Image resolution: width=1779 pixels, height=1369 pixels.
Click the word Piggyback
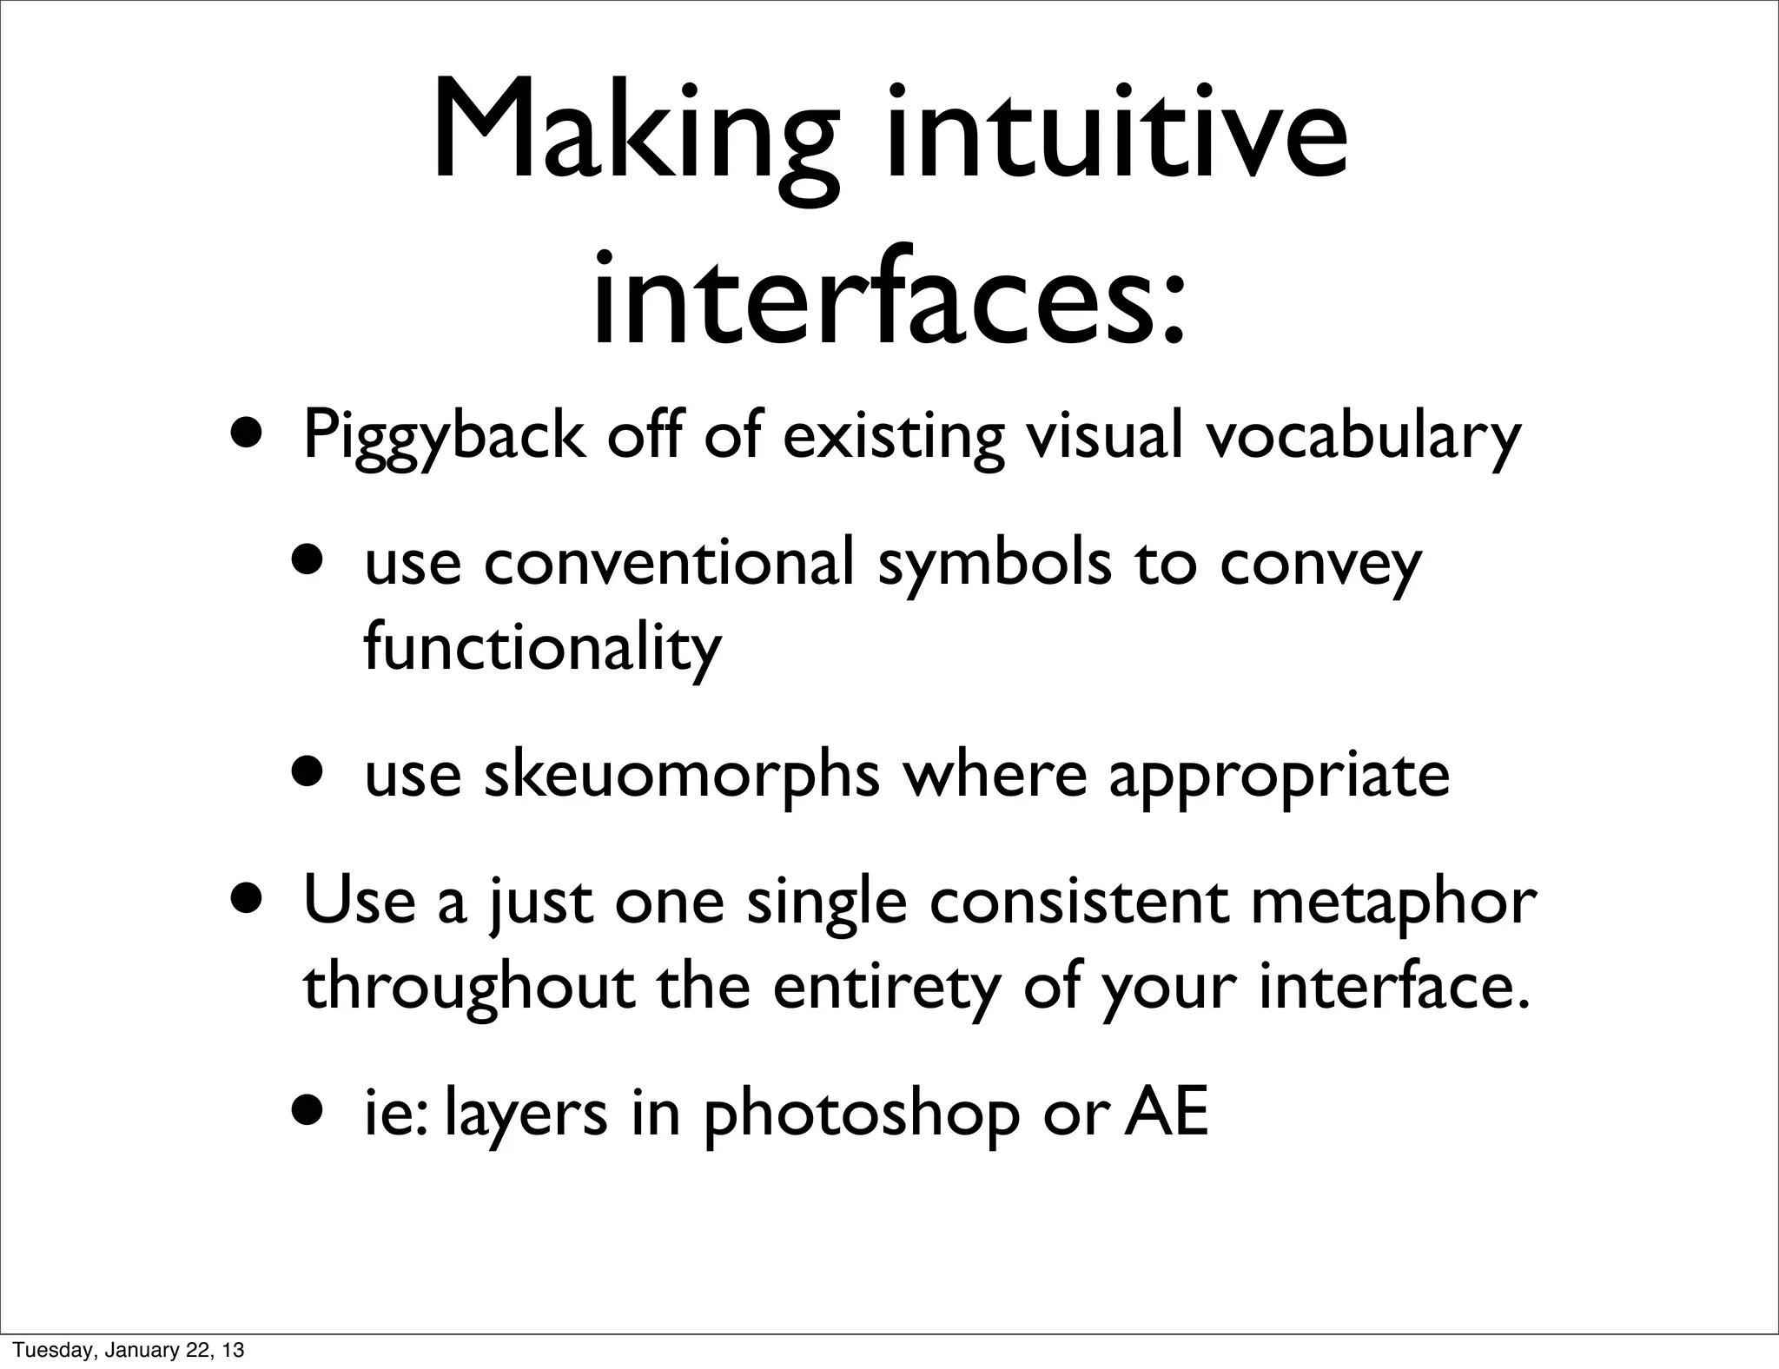(443, 437)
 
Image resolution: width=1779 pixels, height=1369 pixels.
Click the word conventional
(669, 563)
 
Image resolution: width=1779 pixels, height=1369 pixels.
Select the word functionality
(542, 648)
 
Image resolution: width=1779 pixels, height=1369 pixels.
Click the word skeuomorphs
(681, 776)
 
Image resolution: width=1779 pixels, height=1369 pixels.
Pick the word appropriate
(1279, 776)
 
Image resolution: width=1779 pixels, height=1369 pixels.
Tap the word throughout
(469, 989)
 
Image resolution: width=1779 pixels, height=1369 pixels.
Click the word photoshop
(861, 1115)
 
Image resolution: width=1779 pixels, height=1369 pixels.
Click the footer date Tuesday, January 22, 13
(128, 1350)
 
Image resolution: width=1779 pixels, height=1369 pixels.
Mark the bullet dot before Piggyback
(248, 431)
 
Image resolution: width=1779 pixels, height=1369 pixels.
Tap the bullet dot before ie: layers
(309, 1109)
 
